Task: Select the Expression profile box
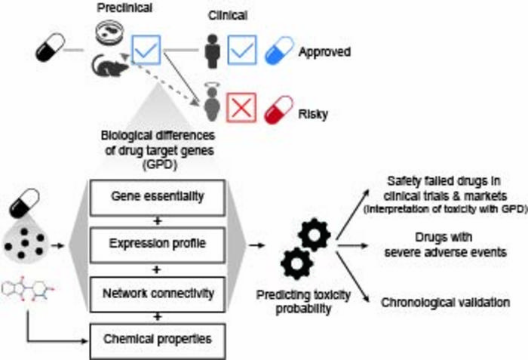[157, 244]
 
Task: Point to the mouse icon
[109, 66]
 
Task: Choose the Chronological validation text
[445, 302]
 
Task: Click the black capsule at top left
[51, 51]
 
